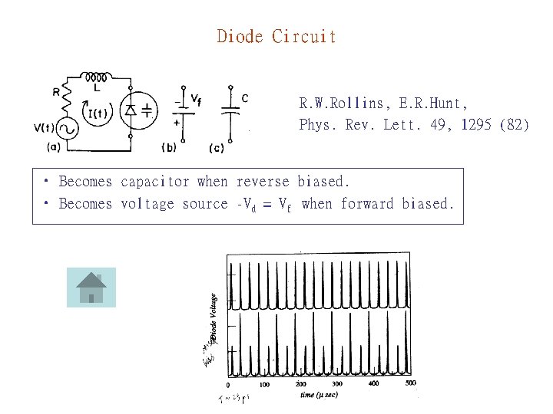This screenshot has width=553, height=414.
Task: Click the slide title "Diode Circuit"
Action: pos(276,36)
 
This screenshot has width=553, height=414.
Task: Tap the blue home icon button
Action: pos(91,287)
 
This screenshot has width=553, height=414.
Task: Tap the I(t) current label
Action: pos(98,115)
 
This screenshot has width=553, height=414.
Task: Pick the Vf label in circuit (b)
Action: pos(196,98)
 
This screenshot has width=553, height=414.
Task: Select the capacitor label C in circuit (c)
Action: pos(245,98)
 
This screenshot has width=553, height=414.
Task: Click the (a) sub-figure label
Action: pos(54,146)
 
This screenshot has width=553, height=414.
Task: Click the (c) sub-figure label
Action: pos(217,147)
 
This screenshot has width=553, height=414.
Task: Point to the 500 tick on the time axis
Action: pos(410,383)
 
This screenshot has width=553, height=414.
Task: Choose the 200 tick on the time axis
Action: pos(300,383)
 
